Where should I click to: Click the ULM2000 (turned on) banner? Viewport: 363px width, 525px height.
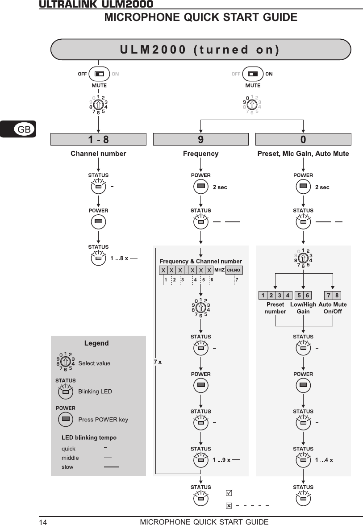click(x=200, y=49)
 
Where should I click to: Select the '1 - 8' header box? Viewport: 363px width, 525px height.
click(x=98, y=139)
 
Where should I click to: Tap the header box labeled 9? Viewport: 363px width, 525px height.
click(x=200, y=139)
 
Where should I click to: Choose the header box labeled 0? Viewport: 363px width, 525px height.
click(x=303, y=139)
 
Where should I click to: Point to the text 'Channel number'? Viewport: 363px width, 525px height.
click(x=98, y=154)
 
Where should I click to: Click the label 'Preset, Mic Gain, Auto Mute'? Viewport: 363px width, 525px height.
click(x=303, y=154)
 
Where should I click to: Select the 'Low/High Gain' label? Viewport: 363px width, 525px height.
click(x=303, y=308)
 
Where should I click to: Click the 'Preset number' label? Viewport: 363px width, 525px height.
click(x=275, y=308)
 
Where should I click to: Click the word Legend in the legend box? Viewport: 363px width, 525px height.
click(x=96, y=343)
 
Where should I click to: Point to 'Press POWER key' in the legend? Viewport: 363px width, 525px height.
click(x=103, y=420)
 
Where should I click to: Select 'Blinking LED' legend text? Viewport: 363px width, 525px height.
click(x=95, y=392)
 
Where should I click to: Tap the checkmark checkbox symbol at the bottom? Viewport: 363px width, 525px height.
click(x=229, y=493)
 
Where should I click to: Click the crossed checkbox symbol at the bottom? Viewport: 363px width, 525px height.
click(x=229, y=506)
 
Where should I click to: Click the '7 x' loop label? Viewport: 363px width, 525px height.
click(x=158, y=362)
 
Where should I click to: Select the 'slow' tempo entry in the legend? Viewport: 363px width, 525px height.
click(x=67, y=467)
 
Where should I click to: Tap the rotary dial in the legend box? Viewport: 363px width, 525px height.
click(x=65, y=362)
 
